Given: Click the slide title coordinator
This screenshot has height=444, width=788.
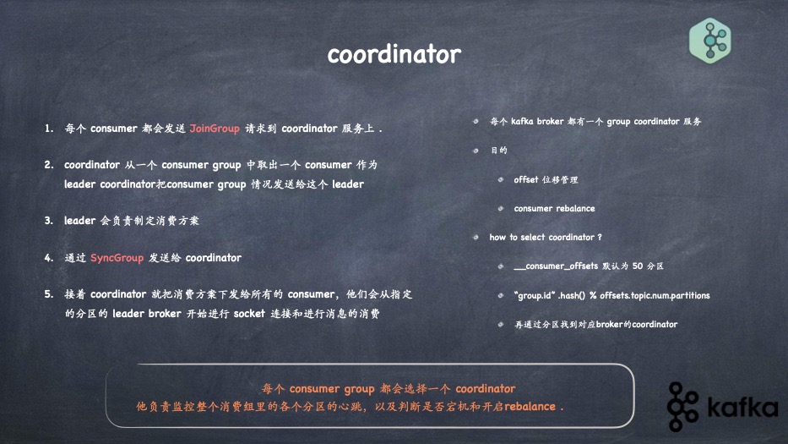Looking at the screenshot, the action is point(394,54).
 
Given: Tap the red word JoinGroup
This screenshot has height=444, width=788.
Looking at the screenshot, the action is point(215,129).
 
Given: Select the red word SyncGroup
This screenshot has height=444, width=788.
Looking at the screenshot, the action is point(117,258).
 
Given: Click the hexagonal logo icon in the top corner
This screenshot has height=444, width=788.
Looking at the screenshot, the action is point(710,41).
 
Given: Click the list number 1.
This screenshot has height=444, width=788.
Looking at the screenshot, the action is point(49,129).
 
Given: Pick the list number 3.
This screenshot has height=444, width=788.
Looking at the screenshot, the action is point(49,221).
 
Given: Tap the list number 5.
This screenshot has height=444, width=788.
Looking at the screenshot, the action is point(49,294).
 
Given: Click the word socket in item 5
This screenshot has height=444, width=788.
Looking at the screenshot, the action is point(249,314).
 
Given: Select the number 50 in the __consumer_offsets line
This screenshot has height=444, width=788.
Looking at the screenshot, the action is point(637,266).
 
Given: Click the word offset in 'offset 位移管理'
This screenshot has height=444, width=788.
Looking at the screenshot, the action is point(525,179).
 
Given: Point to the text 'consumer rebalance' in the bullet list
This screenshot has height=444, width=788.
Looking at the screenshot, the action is point(554,208).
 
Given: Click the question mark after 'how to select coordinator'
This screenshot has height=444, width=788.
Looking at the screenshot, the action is point(600,237).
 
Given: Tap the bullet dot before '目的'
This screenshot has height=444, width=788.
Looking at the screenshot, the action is point(476,151).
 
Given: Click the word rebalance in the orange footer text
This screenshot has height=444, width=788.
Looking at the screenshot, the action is point(530,406).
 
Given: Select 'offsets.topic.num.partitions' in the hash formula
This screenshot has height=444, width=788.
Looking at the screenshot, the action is point(655,295).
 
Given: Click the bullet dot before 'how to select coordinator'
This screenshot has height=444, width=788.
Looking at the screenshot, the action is point(476,237).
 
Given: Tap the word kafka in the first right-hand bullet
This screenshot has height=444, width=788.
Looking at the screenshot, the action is point(522,121).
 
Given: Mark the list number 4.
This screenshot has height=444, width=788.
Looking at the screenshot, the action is point(49,258).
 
